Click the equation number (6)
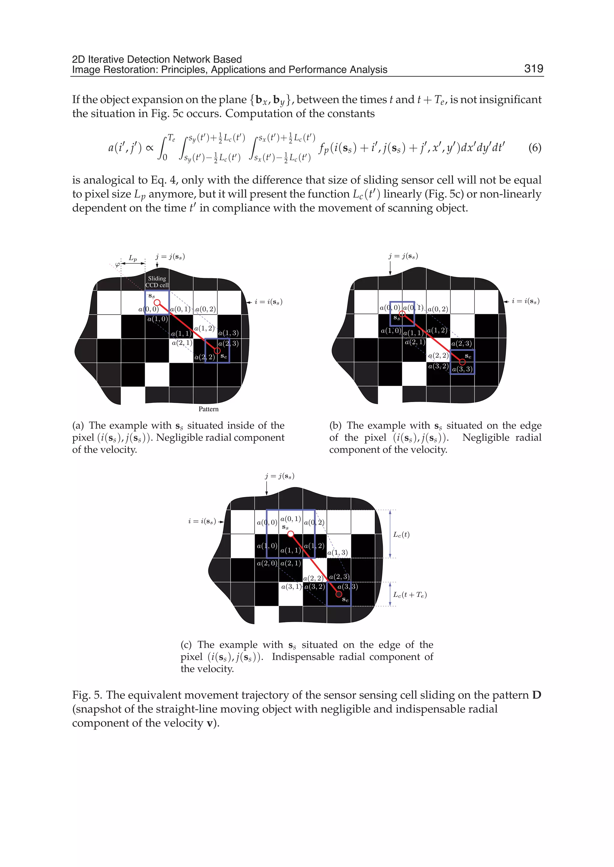535,147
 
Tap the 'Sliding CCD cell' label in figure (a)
157,282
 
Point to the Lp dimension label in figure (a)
133,258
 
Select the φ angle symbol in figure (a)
118,265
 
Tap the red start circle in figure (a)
157,302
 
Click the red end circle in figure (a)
217,350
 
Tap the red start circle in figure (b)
402,314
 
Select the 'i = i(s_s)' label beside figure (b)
526,301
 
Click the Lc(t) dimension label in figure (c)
401,534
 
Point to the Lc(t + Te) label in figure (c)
410,595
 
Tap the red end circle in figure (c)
339,594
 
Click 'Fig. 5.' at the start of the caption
87,695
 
